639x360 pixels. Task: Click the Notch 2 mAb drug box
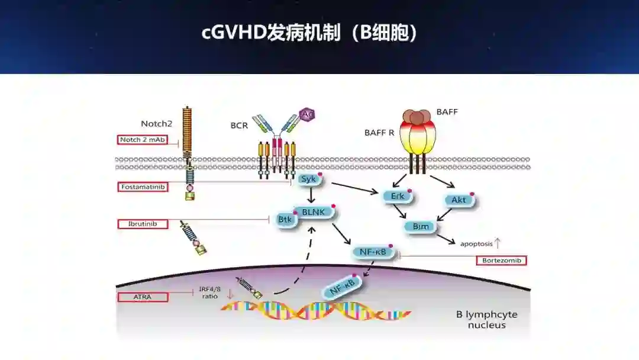pos(142,140)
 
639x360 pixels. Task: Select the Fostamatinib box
pos(142,187)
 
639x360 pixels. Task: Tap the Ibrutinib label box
pos(142,224)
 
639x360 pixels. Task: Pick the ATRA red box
pos(142,297)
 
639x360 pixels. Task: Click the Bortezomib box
pos(501,261)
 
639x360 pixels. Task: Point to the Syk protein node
pos(308,179)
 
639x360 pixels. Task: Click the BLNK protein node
pos(314,212)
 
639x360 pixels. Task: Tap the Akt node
pos(459,200)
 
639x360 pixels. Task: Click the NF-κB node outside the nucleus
pos(373,252)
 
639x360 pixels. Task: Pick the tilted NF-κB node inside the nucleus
pos(341,288)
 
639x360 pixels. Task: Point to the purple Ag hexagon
pos(308,114)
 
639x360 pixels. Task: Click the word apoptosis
pos(476,243)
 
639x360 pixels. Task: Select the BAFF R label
pos(379,133)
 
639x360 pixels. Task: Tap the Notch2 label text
pos(156,123)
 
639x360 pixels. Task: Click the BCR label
pos(240,126)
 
